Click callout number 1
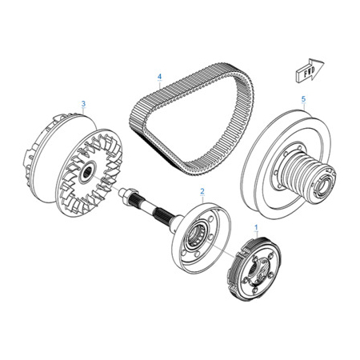point(256,227)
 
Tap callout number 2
point(202,191)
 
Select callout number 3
point(83,103)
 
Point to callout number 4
point(159,77)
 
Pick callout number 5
point(303,99)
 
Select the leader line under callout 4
point(159,85)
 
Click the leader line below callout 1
point(257,234)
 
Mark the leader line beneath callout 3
point(83,111)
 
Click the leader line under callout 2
point(202,199)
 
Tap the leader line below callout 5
point(304,106)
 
